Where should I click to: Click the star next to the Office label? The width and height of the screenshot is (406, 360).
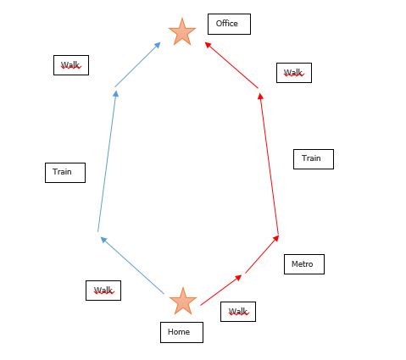(x=182, y=32)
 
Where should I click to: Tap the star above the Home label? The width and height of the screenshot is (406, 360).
(x=183, y=302)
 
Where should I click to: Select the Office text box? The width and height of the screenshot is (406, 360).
(x=229, y=24)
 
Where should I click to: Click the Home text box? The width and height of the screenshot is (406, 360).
(x=181, y=332)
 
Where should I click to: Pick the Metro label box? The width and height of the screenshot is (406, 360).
(x=304, y=264)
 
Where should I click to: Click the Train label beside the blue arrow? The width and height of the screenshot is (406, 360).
(x=65, y=173)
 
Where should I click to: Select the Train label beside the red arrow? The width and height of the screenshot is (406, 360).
(x=314, y=159)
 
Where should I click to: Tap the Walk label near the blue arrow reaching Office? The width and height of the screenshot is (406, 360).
(x=71, y=65)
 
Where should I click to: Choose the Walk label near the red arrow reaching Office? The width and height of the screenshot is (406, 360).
(x=294, y=73)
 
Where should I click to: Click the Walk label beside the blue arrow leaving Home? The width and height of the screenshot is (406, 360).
(x=103, y=291)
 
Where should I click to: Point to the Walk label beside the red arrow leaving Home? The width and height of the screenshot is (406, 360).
(x=238, y=312)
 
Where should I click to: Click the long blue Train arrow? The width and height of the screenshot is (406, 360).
(x=107, y=161)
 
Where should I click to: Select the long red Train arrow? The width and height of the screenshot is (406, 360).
(x=270, y=163)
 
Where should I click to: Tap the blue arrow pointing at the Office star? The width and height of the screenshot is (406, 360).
(x=137, y=64)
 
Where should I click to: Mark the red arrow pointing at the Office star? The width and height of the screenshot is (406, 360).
(x=231, y=65)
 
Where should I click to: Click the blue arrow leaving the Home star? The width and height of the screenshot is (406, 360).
(x=132, y=265)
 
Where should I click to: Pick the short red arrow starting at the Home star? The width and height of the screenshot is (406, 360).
(x=221, y=290)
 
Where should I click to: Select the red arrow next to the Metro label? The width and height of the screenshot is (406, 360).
(x=262, y=254)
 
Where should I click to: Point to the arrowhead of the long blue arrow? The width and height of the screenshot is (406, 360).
(x=115, y=94)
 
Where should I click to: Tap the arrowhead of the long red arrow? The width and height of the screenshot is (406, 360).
(x=260, y=96)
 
